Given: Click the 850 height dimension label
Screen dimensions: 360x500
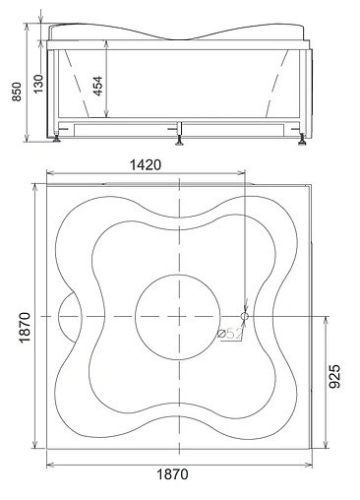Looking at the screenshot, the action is coord(17,92).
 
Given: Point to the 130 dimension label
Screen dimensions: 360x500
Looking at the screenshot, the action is coord(38,84).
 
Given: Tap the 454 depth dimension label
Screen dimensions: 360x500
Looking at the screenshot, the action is coord(97,86).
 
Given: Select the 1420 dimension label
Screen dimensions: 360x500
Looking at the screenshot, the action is coord(146,164).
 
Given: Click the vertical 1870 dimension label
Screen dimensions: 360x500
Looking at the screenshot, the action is coord(25,328).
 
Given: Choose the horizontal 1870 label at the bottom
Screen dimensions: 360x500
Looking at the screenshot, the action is coord(172,474).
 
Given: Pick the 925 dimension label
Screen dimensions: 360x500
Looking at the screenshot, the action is coord(334,376).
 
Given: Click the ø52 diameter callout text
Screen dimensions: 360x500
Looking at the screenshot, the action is coord(230,334).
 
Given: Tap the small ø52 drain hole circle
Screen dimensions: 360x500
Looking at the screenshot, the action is coord(245,316).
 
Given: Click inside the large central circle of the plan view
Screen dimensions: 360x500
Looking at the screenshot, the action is coord(177,317).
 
